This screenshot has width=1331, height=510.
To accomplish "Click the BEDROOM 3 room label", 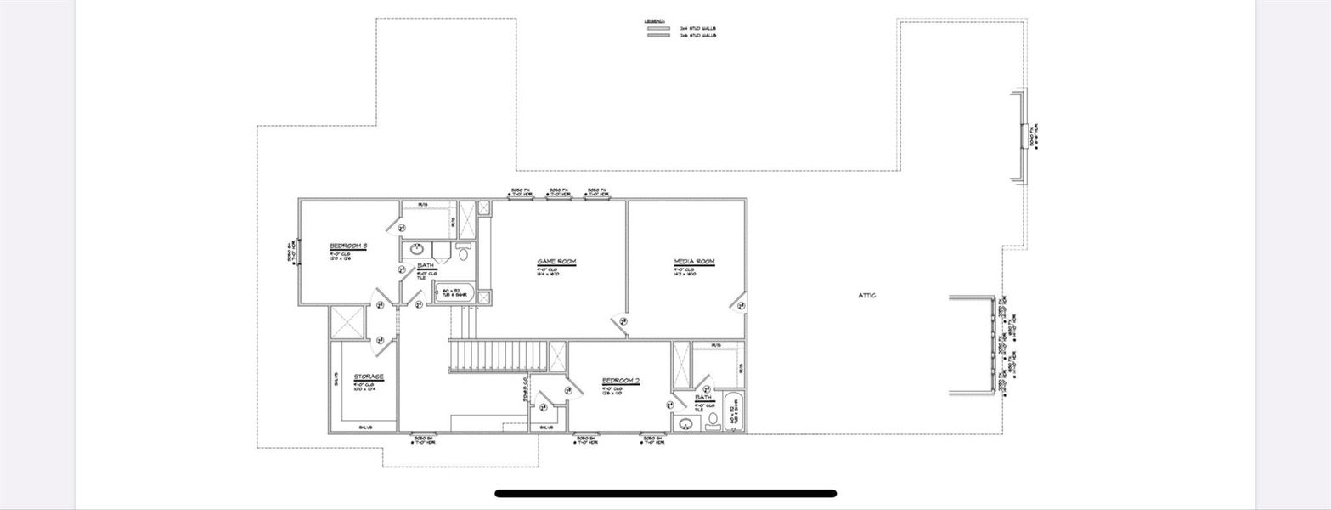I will tap(348, 246).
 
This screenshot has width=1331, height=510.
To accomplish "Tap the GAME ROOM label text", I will tap(557, 261).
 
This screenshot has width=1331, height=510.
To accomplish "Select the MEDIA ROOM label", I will tap(694, 261).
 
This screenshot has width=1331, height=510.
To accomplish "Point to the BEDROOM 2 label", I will tap(620, 380).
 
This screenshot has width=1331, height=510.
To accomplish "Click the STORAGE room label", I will tap(369, 377).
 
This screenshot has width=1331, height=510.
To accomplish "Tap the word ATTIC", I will tap(866, 295).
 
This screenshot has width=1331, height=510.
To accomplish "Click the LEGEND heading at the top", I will tap(654, 20).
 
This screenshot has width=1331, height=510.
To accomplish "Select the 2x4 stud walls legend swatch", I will tap(658, 28).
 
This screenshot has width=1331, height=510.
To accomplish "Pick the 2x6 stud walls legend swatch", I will tap(658, 36).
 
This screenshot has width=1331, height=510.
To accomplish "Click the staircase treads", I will tap(497, 354).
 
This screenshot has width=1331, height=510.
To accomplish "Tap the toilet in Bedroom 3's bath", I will tap(464, 252).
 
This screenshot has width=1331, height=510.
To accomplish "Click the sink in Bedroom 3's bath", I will tap(417, 250).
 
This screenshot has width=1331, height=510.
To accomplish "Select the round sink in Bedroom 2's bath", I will tap(686, 422).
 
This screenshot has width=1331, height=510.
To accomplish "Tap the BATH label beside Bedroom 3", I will tap(426, 266).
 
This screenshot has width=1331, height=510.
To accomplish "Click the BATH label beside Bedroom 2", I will tap(703, 397).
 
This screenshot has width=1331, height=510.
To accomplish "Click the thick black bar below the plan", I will tap(665, 493).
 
